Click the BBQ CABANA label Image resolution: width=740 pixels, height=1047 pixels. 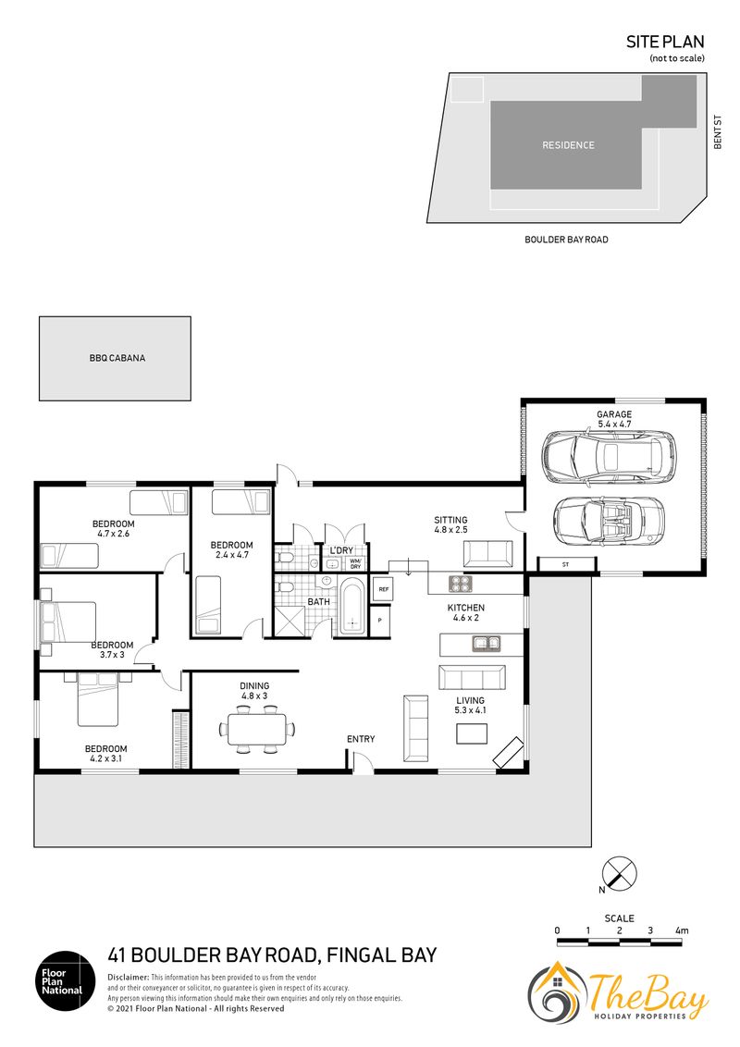coord(117,358)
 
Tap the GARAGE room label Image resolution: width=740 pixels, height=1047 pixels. coord(614,414)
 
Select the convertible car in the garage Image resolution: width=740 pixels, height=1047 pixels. coord(609,520)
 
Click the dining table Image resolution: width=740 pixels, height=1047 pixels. coord(257,729)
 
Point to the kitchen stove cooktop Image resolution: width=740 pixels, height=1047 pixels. coord(460,585)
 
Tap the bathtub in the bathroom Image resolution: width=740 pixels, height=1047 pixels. coord(351,607)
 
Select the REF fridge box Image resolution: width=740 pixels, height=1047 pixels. coord(383,589)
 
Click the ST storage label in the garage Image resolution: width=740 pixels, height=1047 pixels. coord(566,565)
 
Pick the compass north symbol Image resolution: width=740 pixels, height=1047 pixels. coord(619,874)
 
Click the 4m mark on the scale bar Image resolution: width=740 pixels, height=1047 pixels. coord(681,930)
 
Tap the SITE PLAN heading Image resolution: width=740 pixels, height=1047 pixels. coord(665,42)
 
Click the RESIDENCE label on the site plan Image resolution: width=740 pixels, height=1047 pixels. coord(568,145)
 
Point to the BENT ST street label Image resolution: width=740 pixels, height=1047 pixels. coord(718,132)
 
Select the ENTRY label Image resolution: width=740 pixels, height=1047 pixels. coord(361,738)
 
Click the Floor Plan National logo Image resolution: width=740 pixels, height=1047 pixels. coord(66,981)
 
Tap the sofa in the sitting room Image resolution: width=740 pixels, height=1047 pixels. coord(488,554)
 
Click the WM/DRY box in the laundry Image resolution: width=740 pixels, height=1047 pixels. coord(355,563)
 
